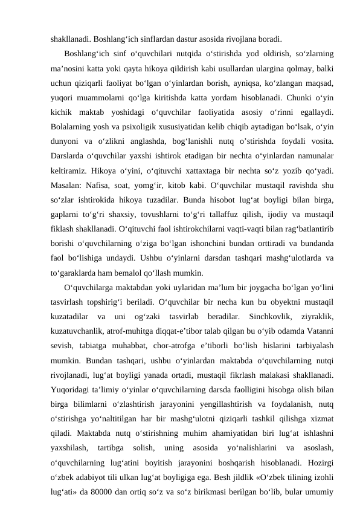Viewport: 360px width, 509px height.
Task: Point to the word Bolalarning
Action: point(72,126)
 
